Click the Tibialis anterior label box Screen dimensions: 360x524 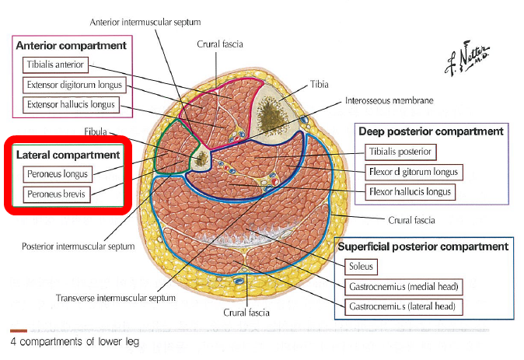57,65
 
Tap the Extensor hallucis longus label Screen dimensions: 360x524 71,103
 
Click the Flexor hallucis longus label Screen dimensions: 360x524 407,190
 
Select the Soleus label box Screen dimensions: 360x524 362,267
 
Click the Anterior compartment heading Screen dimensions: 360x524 71,46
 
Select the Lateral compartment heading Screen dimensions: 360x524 68,156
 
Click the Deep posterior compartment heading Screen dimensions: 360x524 431,131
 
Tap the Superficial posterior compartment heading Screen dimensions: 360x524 423,246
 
